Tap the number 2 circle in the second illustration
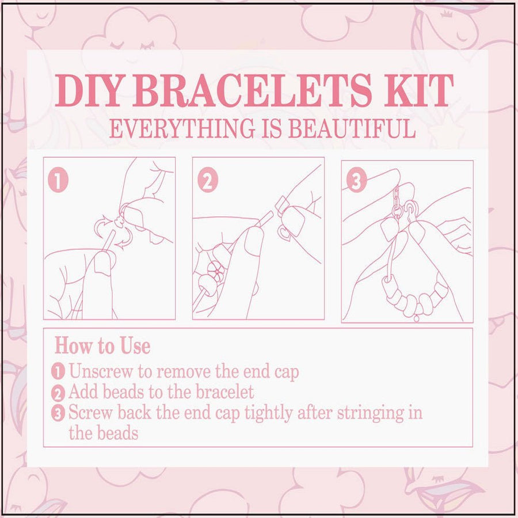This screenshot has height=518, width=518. (208, 181)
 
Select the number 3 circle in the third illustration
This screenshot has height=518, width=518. (357, 181)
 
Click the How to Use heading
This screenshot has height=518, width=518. (102, 346)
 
